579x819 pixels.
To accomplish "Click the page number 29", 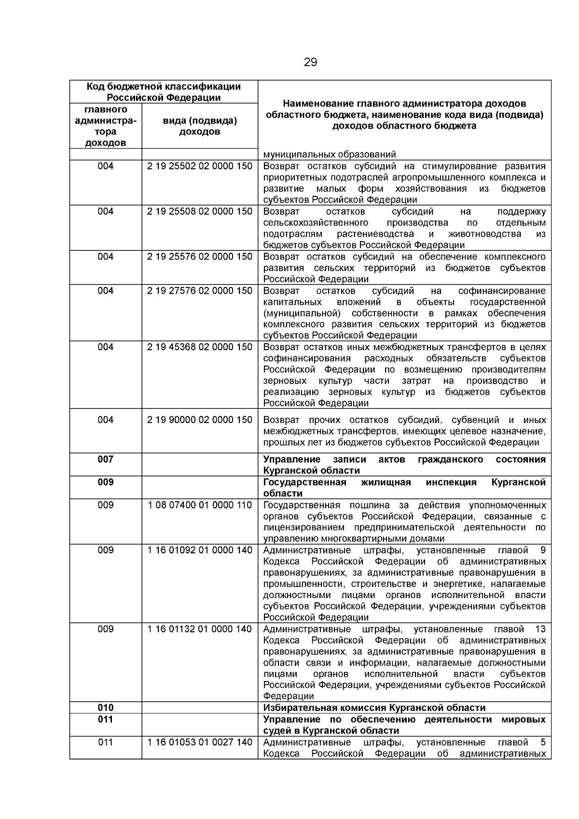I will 311,62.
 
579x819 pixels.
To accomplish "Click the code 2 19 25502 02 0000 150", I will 199,166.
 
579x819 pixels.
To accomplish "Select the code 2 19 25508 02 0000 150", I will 199,212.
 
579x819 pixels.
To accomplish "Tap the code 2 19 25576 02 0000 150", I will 199,257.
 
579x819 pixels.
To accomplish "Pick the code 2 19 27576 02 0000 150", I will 199,291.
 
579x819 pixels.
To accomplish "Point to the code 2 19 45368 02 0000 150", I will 199,347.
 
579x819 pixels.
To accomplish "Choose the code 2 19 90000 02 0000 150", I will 199,420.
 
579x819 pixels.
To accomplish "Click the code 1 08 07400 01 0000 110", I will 199,505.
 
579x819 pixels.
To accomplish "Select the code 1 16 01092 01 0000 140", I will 199,550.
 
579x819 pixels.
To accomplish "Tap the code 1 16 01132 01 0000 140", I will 199,629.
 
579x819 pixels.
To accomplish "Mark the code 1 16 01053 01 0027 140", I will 199,742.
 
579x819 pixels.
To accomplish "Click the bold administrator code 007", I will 106,459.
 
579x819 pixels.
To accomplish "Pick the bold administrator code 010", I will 106,708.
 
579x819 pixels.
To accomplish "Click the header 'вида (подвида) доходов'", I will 199,126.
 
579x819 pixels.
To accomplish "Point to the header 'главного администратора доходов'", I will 106,126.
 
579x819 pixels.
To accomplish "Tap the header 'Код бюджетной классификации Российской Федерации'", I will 164,92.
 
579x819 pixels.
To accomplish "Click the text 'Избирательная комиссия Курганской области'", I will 374,708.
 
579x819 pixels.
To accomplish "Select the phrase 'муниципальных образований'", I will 330,155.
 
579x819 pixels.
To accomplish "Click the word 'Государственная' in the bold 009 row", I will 304,482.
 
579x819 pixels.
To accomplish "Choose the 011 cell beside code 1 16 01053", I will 106,742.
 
